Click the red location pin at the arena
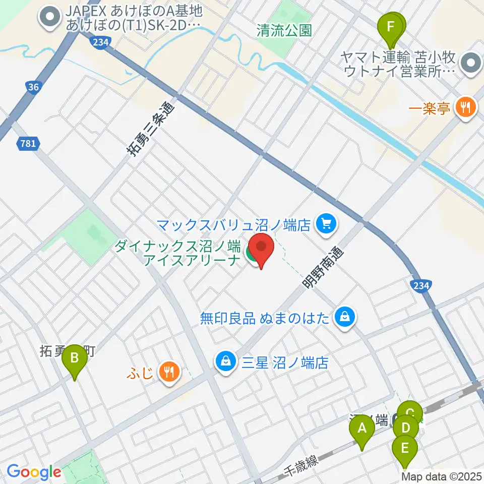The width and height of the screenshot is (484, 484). [262, 248]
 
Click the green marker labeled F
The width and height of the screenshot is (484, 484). [390, 28]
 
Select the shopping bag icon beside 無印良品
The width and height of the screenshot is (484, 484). [346, 317]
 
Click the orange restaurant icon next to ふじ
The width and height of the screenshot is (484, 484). [167, 372]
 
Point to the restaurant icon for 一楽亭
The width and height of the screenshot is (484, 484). [464, 107]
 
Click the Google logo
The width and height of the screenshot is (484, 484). [34, 471]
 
